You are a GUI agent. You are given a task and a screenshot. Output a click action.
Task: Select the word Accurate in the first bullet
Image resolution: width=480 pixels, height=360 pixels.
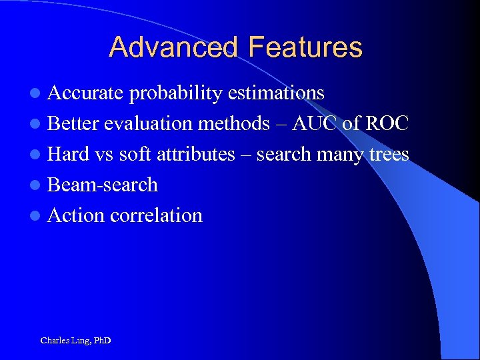click(x=86, y=93)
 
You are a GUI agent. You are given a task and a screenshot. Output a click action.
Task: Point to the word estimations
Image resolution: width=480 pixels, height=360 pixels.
click(x=276, y=93)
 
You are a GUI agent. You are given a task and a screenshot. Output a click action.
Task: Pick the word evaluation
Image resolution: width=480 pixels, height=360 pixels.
click(x=148, y=123)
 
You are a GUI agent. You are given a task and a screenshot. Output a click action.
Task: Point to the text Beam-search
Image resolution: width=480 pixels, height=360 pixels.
click(x=103, y=185)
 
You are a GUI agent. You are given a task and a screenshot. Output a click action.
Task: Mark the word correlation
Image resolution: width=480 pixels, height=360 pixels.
click(x=156, y=215)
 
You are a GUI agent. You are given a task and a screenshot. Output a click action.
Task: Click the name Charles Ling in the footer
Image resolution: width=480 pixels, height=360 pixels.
click(x=64, y=341)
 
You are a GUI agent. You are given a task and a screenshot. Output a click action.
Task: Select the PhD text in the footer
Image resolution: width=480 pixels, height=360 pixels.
click(x=102, y=341)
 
